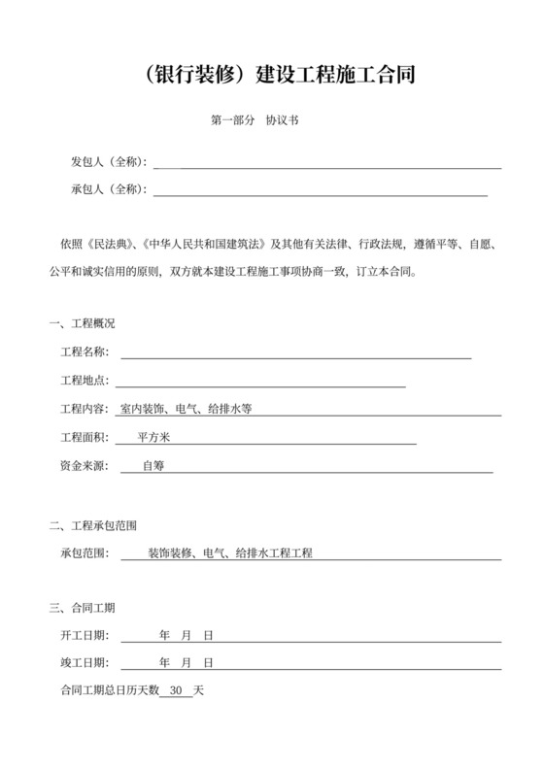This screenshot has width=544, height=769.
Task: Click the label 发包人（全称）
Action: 108,161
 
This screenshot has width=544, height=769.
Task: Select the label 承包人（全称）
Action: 108,188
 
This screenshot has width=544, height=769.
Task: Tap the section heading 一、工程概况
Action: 82,322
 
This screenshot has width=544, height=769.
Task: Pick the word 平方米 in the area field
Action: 155,438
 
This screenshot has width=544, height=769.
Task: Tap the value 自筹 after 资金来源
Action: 153,466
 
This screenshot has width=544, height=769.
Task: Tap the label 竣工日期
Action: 85,663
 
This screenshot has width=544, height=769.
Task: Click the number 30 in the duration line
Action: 176,691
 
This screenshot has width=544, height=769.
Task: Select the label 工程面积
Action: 85,438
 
